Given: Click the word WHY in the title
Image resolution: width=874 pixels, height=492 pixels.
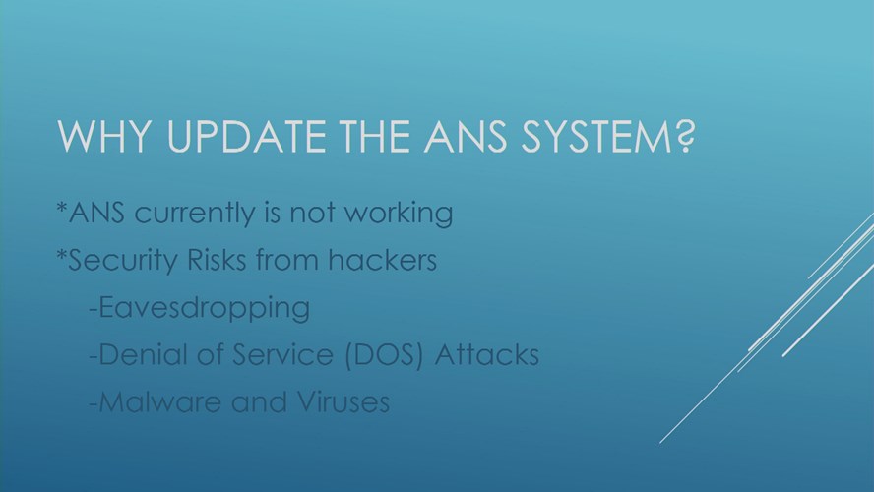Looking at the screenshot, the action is coord(104,136).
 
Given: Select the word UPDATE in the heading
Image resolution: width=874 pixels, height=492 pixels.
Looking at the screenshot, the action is coord(247,136).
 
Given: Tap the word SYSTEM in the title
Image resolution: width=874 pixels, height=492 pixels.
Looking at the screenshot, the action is coord(597,136).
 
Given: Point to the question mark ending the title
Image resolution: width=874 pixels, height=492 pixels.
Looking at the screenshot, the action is coord(686,136).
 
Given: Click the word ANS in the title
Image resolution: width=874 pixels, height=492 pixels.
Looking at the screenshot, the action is coord(466,136).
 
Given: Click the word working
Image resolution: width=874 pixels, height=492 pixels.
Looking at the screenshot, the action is coord(399,214).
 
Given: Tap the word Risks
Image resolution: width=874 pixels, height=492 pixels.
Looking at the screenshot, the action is coord(217,260).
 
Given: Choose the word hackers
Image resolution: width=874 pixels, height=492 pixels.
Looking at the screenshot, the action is coord(382,260).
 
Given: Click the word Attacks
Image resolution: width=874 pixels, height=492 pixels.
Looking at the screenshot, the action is coord(486,354).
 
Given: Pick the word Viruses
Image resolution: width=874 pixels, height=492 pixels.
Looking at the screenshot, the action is coord(343,401).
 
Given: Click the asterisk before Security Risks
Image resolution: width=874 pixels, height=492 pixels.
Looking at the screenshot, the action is coord(61,254).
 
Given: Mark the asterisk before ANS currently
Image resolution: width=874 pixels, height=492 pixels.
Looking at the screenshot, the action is coord(61,207).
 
